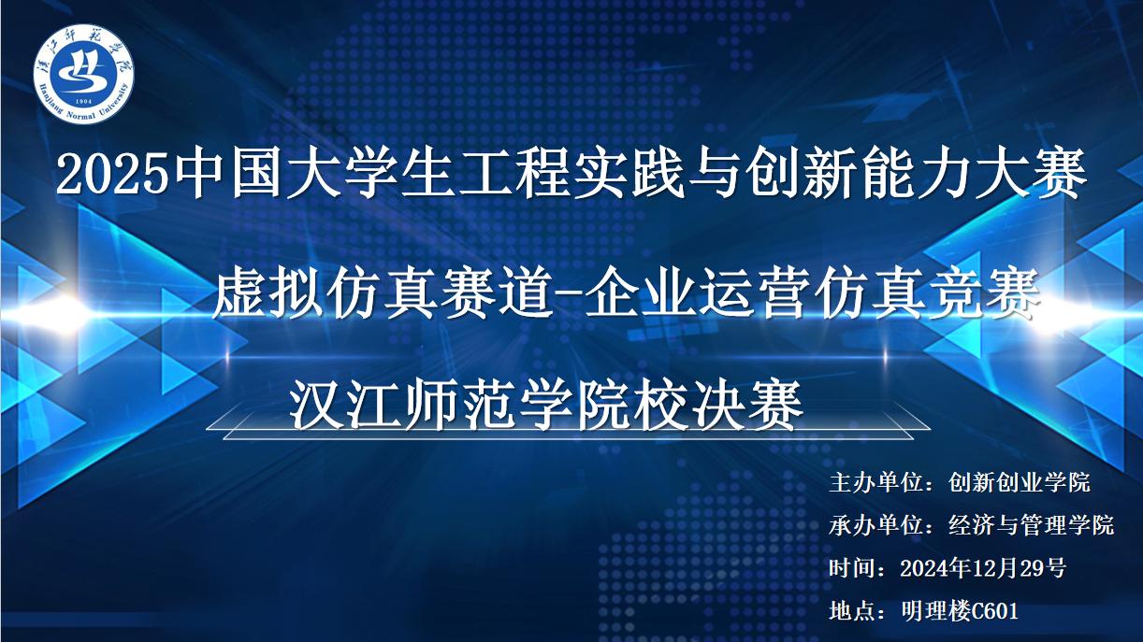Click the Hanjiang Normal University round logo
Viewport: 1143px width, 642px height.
pos(83,75)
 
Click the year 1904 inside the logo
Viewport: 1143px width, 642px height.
pos(83,102)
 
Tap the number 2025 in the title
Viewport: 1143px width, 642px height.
pos(112,176)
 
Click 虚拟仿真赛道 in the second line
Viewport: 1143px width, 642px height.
pos(382,294)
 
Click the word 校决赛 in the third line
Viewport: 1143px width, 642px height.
pos(716,406)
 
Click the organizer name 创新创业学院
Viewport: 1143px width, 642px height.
pos(1020,482)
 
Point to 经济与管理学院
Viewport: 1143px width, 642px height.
pos(1032,525)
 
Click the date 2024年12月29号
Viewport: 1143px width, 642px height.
pos(983,568)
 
